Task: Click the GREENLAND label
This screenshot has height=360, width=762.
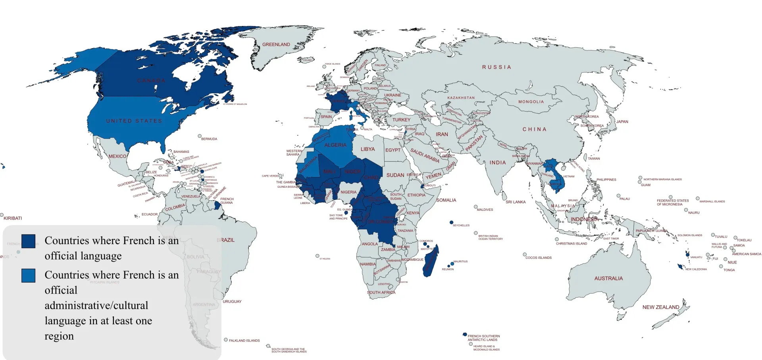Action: [276, 44]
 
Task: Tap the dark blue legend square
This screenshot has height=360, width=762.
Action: [28, 241]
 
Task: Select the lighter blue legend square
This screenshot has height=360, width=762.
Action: [28, 275]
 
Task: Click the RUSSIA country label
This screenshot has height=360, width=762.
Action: [496, 67]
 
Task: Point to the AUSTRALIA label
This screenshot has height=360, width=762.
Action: [608, 279]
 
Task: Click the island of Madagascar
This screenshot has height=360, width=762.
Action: [431, 262]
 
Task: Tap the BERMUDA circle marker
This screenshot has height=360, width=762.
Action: [200, 136]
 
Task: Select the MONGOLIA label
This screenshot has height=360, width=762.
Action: [531, 102]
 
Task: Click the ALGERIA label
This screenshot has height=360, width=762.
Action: [335, 145]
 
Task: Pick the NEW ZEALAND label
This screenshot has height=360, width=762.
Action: [660, 307]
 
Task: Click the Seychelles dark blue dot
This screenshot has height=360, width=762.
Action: [451, 222]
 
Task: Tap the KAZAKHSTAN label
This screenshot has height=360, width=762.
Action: [461, 98]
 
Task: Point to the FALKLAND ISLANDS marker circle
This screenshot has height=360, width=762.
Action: [226, 340]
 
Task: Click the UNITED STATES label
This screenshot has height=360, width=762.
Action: [134, 121]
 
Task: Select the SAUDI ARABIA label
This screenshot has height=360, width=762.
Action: [425, 156]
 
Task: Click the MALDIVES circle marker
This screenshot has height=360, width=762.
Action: [475, 207]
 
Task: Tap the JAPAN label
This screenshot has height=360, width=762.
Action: [622, 122]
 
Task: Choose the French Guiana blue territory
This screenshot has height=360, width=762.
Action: [217, 205]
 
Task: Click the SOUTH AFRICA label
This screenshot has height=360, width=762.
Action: [381, 293]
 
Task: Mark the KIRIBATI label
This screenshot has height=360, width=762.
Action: [13, 218]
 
